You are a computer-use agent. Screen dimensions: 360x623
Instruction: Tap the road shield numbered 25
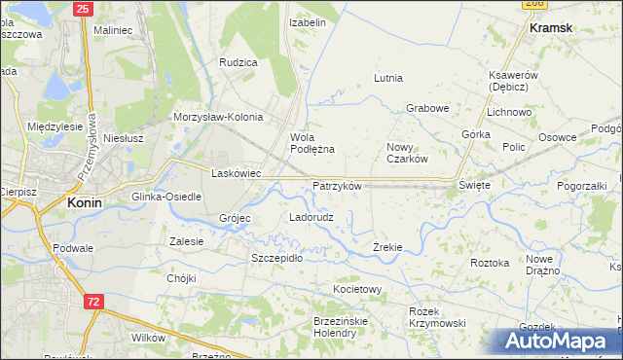83,8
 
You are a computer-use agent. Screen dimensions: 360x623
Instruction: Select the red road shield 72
92,303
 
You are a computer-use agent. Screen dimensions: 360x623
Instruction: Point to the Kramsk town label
551,29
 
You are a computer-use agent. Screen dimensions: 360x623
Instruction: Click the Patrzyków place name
337,185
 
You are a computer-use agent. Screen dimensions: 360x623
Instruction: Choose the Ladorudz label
311,217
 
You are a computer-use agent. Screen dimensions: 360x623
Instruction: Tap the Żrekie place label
387,248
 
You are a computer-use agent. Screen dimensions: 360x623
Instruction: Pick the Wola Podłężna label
312,143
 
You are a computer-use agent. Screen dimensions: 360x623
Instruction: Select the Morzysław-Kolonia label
218,117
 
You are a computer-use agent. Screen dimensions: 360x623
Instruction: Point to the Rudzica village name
238,62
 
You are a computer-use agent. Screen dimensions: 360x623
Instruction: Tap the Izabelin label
308,20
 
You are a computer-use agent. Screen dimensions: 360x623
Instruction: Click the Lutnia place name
388,78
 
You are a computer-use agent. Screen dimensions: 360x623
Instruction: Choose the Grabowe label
426,108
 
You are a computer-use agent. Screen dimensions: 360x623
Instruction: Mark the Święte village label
474,184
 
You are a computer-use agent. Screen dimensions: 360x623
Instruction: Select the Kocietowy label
356,290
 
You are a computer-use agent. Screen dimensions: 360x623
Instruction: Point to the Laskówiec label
236,173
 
